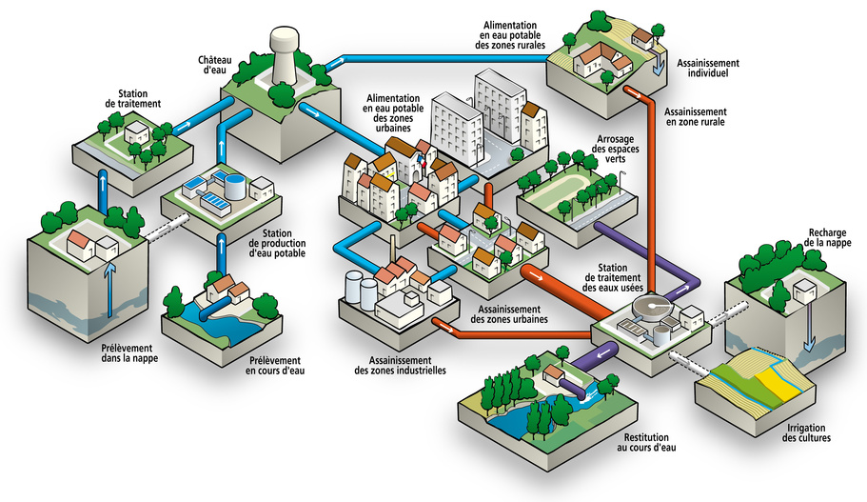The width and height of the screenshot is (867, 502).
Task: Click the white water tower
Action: (x=286, y=51)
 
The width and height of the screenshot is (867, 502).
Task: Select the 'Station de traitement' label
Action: (x=139, y=98)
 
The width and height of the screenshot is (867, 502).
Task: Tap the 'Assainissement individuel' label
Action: (x=708, y=69)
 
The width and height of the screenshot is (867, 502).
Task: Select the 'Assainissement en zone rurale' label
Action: (x=696, y=117)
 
